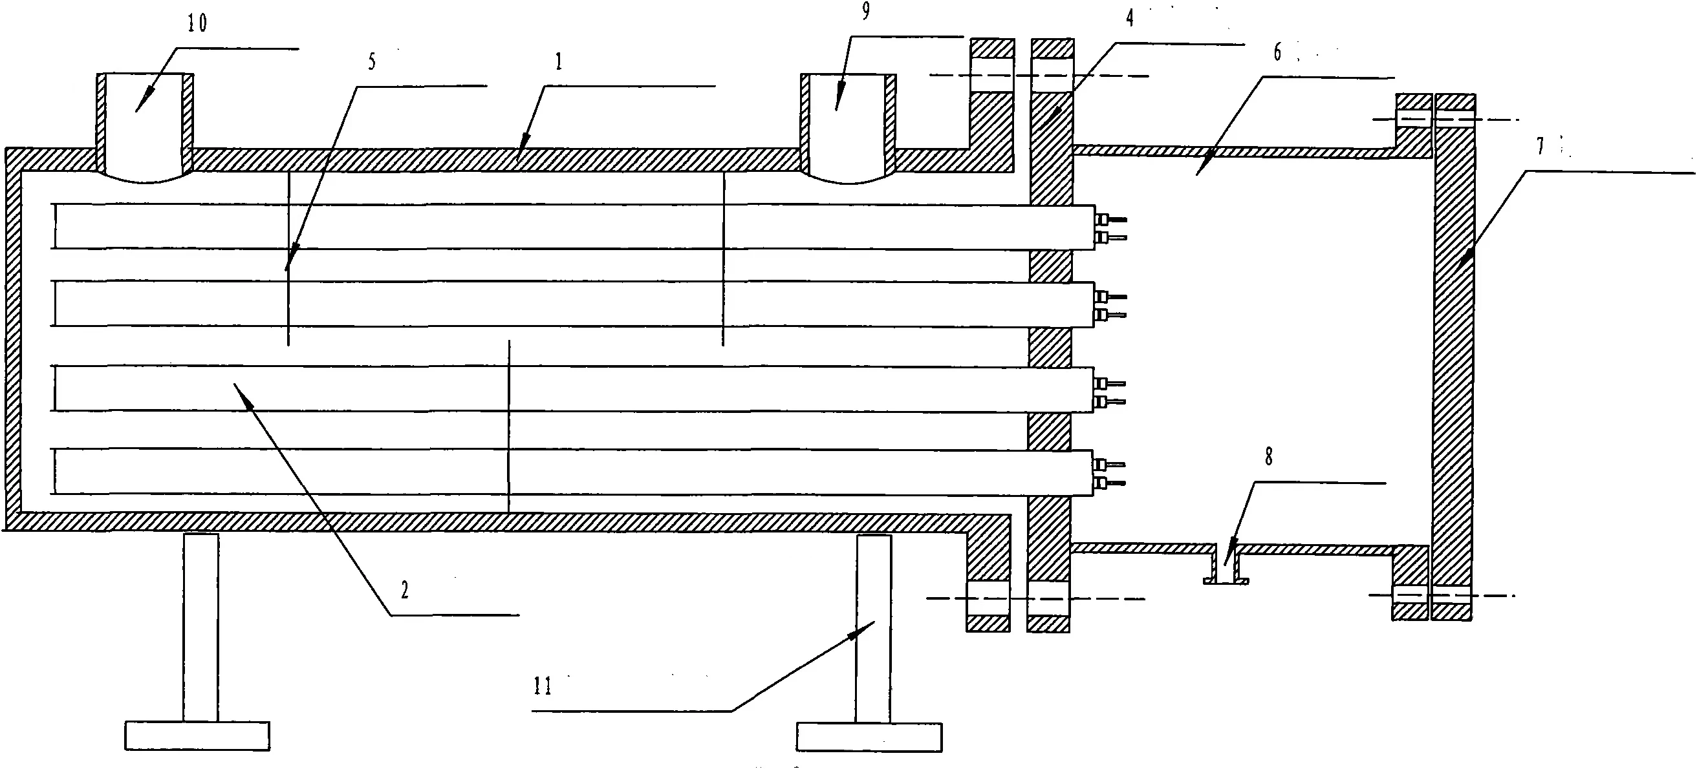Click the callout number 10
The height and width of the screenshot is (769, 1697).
tap(197, 24)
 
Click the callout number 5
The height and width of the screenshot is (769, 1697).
tap(373, 62)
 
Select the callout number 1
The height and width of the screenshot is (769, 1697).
tap(559, 63)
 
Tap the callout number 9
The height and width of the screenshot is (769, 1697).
tap(865, 11)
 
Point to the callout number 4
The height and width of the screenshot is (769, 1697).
tap(1130, 19)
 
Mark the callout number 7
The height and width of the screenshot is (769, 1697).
tap(1540, 146)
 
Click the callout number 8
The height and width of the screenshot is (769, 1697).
tap(1269, 457)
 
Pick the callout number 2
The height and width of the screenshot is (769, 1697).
tap(404, 590)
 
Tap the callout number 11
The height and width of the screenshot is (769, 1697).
tap(542, 686)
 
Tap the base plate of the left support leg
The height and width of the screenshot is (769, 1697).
tap(197, 735)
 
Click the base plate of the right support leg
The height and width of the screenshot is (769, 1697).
tap(869, 737)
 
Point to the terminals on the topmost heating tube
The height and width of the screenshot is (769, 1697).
tap(1110, 227)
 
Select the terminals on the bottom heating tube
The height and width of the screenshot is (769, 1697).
tap(1110, 474)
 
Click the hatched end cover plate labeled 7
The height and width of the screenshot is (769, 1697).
tap(1453, 355)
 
